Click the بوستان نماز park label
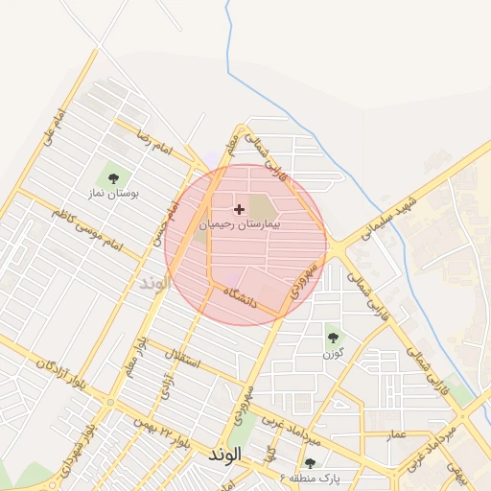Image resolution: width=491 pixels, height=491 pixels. coord(114,194)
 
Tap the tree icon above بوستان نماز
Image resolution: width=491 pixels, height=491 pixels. coord(114,177)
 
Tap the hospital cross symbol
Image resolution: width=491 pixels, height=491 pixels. coord(239,208)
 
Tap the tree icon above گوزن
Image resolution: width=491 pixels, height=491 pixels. coord(334,338)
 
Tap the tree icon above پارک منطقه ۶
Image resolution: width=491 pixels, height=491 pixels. coord(310,463)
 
